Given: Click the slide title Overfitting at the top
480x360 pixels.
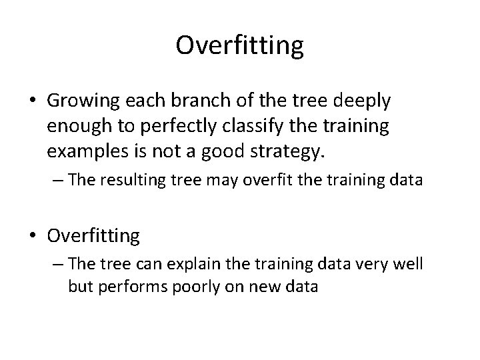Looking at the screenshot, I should [240, 45].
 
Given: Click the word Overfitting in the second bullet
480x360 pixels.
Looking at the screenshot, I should [93, 235].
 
